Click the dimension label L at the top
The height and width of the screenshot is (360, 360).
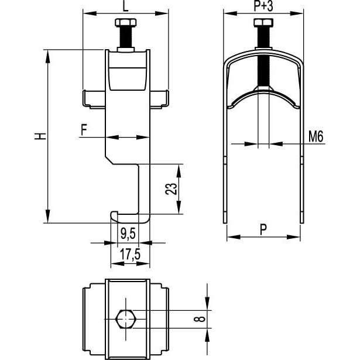coord(126,6)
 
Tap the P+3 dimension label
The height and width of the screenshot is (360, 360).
coord(263,6)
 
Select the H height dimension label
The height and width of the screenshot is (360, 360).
coord(40,136)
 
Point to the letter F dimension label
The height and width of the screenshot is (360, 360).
coord(84,129)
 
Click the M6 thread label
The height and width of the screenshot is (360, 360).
coord(316,136)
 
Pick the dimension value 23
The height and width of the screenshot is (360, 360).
coord(172,189)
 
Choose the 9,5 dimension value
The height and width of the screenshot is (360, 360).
coord(128,234)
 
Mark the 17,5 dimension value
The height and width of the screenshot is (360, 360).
coord(130,254)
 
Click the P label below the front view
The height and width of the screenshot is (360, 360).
coord(263,229)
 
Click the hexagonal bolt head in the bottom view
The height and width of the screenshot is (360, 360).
coord(126,319)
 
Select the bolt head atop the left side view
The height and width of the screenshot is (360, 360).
coord(126,22)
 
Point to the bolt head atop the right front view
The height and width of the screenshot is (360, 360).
coord(263,22)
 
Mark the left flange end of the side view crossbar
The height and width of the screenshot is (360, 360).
coord(84,98)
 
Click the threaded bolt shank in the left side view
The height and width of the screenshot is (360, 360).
coord(126,37)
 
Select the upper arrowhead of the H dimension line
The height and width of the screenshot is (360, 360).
coord(47,57)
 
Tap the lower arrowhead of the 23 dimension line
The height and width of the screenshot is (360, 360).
coord(179,207)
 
